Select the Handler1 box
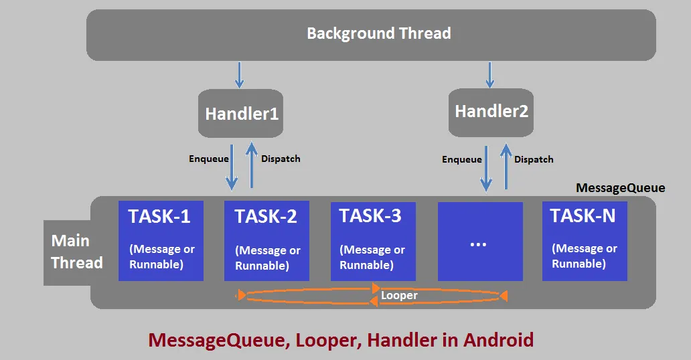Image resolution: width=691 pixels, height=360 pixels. click(x=241, y=114)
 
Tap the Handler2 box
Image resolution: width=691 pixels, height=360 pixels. click(x=491, y=111)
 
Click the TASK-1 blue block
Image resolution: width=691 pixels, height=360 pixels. click(x=160, y=240)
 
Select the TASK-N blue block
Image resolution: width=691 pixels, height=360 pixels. click(x=584, y=240)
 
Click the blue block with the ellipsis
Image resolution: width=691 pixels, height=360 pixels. click(x=479, y=242)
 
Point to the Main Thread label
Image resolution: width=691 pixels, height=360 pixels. click(x=77, y=252)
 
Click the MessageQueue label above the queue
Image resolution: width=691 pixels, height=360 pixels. click(x=620, y=188)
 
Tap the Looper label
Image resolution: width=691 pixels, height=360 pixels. click(x=399, y=295)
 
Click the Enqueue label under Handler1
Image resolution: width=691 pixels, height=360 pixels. click(x=209, y=159)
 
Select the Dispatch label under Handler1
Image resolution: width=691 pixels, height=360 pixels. click(x=281, y=159)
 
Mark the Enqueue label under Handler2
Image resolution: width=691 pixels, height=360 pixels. click(x=461, y=159)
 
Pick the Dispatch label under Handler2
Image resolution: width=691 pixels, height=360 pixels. click(x=534, y=159)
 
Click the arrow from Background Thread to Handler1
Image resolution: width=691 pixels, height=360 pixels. click(x=238, y=74)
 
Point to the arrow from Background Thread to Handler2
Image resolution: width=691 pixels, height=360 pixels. click(x=489, y=74)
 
